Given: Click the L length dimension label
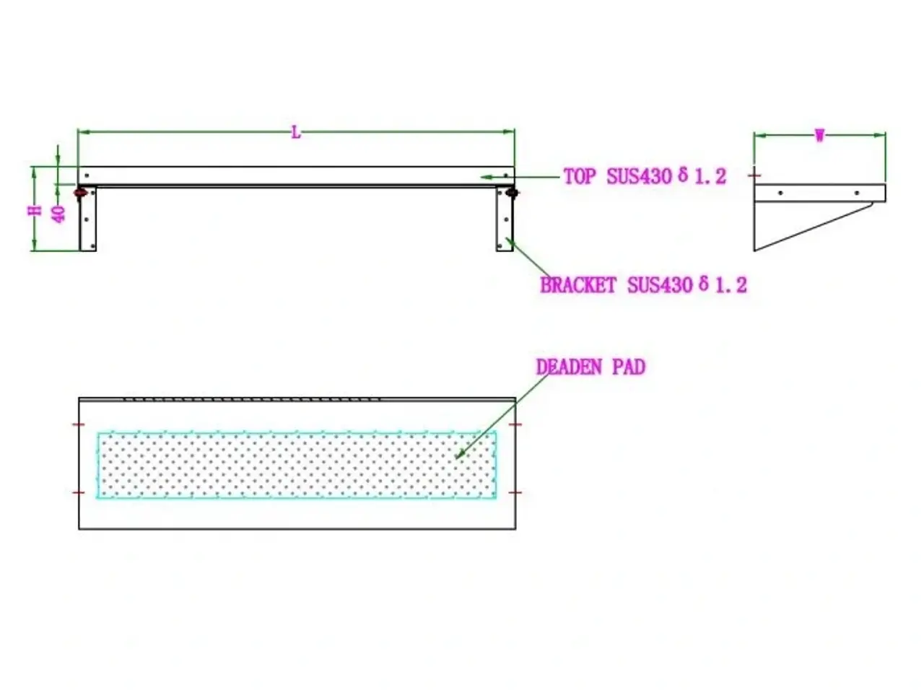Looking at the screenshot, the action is pyautogui.click(x=296, y=133).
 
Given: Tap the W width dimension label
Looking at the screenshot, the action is pyautogui.click(x=819, y=136).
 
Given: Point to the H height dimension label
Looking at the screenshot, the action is pyautogui.click(x=35, y=210).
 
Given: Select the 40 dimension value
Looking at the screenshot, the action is pyautogui.click(x=59, y=214).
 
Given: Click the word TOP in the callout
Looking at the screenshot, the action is pyautogui.click(x=579, y=176).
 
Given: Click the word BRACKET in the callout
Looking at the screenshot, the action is pyautogui.click(x=578, y=285).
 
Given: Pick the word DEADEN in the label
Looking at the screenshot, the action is pyautogui.click(x=569, y=367).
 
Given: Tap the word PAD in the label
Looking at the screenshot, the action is pyautogui.click(x=629, y=367).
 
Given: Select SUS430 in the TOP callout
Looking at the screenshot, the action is pyautogui.click(x=639, y=176).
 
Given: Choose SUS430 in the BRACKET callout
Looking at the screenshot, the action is pyautogui.click(x=660, y=285).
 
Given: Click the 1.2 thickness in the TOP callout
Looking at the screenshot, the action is pyautogui.click(x=710, y=177).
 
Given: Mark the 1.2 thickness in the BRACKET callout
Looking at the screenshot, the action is pyautogui.click(x=731, y=286).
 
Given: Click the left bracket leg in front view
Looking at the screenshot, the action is pyautogui.click(x=87, y=219).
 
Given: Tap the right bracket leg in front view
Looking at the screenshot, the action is pyautogui.click(x=505, y=219).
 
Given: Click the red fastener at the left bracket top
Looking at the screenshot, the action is pyautogui.click(x=80, y=193).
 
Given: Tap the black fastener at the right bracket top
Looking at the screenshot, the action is pyautogui.click(x=512, y=193).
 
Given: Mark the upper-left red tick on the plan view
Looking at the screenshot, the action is pyautogui.click(x=79, y=424).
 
